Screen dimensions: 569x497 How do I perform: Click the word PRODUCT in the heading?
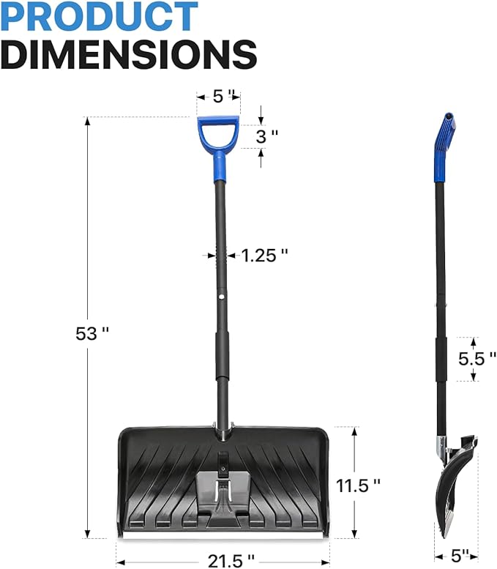pos(99,16)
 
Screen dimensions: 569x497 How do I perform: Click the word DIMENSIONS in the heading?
pos(129,53)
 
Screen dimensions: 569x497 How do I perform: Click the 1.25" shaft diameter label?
pos(264,255)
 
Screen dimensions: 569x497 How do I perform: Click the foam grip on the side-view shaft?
pos(441,359)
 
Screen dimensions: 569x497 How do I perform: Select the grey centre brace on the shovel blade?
pos(223,491)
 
